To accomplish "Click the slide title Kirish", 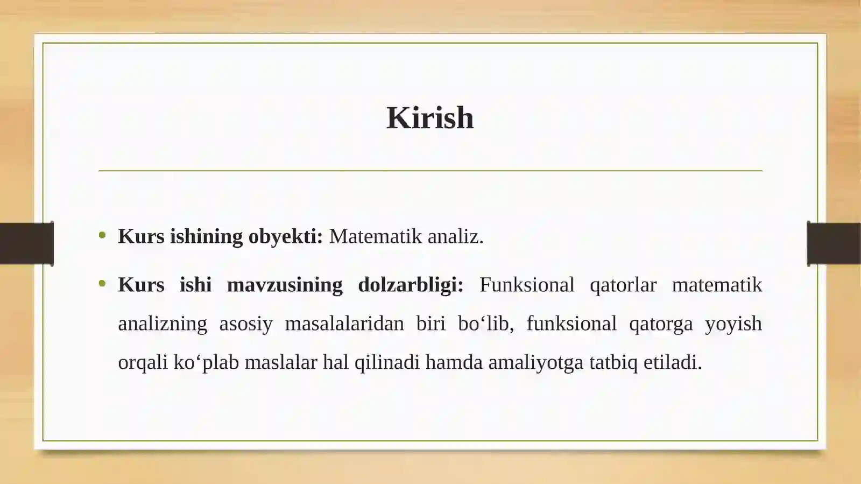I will click(430, 118).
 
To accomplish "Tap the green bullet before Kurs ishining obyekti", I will click(102, 235).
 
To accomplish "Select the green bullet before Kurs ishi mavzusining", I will click(102, 283).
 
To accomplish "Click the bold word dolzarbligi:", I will click(411, 285).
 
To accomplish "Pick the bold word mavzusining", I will click(285, 285).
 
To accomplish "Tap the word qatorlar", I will click(623, 285).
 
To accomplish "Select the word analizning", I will click(163, 324).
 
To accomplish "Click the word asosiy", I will click(246, 324).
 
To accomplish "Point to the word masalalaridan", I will click(344, 324).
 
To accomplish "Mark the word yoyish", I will click(733, 324).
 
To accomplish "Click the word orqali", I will click(143, 362).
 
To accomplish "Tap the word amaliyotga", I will click(535, 362).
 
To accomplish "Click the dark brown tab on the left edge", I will click(26, 243).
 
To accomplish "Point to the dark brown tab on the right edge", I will click(834, 243).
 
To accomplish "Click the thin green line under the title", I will click(430, 171).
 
